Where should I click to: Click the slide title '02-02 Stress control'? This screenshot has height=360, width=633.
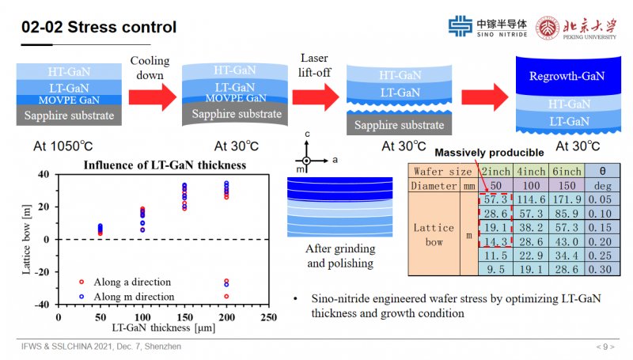[x=98, y=27]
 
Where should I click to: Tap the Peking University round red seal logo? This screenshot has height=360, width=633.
[x=548, y=28]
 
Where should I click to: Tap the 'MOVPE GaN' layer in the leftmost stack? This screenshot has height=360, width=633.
[x=69, y=100]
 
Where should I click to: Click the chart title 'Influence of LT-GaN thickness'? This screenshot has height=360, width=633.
[x=165, y=165]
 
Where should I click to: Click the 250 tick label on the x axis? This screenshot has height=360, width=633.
[x=267, y=316]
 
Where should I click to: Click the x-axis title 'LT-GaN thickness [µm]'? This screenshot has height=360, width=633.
[x=164, y=327]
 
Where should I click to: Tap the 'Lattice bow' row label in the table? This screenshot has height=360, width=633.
[x=434, y=234]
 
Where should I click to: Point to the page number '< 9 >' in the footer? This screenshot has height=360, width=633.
[x=606, y=347]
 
